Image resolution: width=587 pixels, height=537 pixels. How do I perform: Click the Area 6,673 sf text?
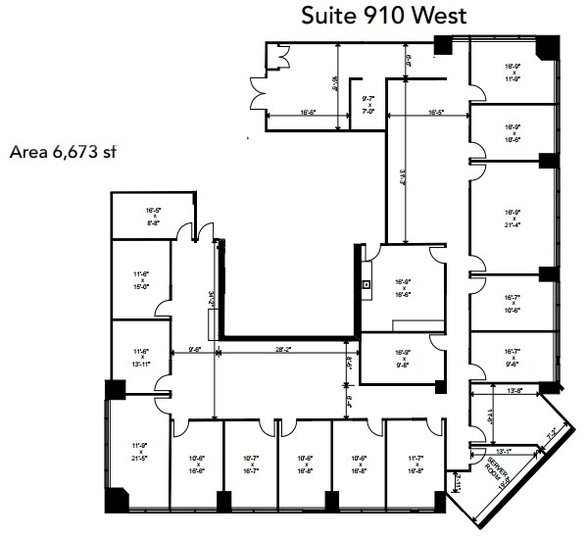pyautogui.click(x=63, y=152)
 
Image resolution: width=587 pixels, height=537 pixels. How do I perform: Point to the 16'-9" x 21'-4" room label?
pyautogui.click(x=513, y=219)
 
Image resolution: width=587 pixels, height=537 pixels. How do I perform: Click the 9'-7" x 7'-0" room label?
pyautogui.click(x=369, y=104)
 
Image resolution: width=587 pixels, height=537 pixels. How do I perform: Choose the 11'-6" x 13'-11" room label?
pyautogui.click(x=140, y=356)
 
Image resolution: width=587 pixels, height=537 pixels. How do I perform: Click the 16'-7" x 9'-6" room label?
pyautogui.click(x=513, y=356)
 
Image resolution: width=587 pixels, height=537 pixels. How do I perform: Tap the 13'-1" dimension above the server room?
pyautogui.click(x=505, y=452)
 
